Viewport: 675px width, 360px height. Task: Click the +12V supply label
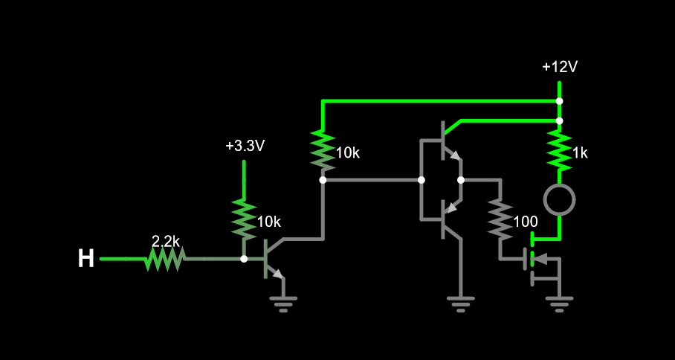tap(559, 67)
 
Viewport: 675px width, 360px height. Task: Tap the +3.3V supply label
tap(245, 146)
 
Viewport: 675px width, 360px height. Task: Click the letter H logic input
tap(86, 259)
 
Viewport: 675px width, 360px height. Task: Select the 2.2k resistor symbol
tap(165, 259)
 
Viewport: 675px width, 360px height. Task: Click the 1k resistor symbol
tap(559, 150)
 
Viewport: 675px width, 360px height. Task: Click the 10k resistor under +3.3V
tap(244, 219)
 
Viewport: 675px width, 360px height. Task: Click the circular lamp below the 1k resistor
tap(559, 199)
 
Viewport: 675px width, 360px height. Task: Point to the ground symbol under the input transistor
tap(283, 303)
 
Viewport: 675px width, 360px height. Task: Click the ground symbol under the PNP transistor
tap(461, 303)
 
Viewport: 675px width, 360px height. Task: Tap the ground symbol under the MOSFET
tap(559, 303)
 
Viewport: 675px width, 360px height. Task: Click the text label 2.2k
tap(165, 242)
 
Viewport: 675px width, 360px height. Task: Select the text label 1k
tap(579, 153)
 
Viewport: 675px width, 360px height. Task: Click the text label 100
tap(525, 222)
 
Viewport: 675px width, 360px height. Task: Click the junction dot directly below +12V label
tap(559, 100)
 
